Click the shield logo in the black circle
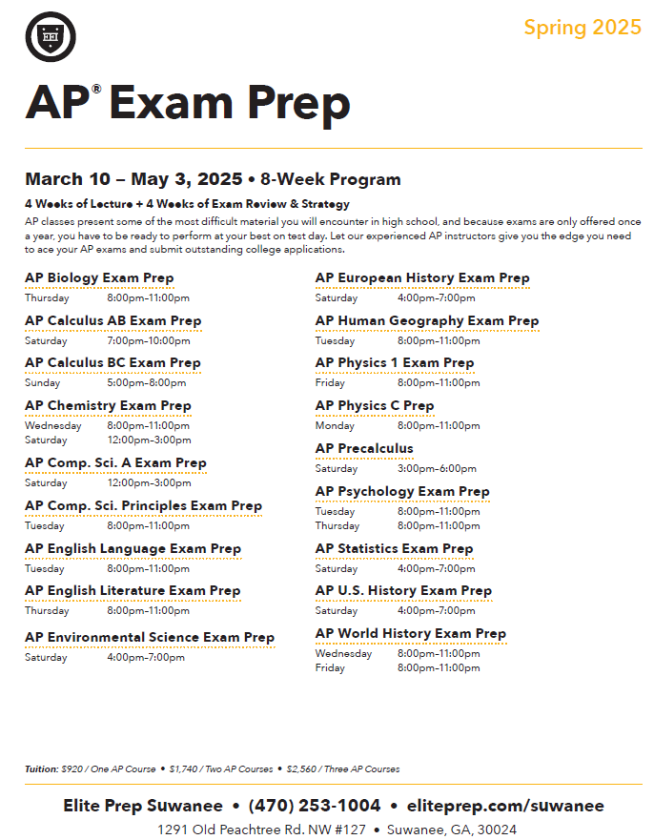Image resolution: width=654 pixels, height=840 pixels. tap(51, 37)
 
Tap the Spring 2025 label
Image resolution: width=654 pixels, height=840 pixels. tap(582, 27)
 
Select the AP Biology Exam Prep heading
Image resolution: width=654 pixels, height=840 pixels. tap(99, 278)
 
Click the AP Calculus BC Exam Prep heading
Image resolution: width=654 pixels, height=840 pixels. tap(112, 363)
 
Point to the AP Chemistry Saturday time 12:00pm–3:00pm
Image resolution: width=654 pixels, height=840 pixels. tap(149, 440)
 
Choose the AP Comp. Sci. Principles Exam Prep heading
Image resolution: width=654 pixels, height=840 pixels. tap(143, 506)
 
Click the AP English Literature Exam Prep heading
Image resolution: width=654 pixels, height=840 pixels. tap(133, 591)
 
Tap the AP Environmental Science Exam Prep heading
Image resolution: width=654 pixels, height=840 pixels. tap(150, 638)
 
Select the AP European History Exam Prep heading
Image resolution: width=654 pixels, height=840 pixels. tap(422, 278)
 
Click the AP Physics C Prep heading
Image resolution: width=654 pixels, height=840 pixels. tap(375, 406)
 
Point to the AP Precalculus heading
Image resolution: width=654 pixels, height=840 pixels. tap(364, 449)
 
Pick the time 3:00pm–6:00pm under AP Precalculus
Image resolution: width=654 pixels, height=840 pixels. tap(437, 469)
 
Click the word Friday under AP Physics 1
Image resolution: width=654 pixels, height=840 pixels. tap(330, 383)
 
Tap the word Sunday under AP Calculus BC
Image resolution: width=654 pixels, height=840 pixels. tap(42, 383)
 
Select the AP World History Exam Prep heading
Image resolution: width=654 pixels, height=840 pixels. tap(411, 634)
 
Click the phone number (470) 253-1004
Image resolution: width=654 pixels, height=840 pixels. tap(315, 806)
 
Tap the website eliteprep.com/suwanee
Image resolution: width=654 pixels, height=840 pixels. tap(504, 806)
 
